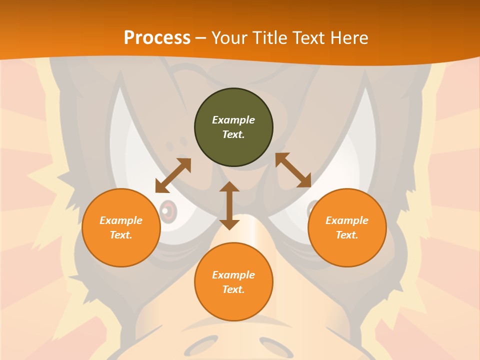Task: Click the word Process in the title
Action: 157,38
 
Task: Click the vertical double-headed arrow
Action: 229,205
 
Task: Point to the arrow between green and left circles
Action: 173,175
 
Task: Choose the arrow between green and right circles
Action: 293,170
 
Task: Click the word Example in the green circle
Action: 233,120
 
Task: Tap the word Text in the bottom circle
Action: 233,289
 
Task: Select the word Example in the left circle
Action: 121,220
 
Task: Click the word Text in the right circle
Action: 347,235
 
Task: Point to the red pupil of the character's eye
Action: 169,211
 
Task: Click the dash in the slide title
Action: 201,38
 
